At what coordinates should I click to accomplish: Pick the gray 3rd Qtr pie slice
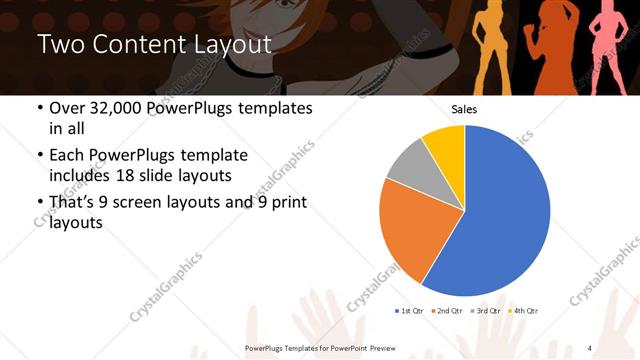(x=409, y=167)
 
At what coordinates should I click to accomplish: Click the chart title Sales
(x=464, y=108)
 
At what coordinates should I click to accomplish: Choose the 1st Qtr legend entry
(x=411, y=311)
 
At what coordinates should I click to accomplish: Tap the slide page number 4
(x=589, y=347)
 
